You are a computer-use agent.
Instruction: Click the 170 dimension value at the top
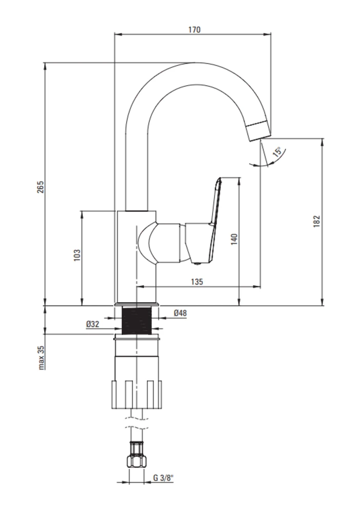click(194, 29)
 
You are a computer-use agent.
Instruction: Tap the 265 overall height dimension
click(40, 187)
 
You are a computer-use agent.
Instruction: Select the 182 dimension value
click(316, 221)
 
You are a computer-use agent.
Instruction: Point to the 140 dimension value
click(234, 239)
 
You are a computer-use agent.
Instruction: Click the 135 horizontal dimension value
click(197, 282)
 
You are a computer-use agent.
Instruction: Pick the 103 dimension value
click(77, 255)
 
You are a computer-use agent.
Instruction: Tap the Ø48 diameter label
click(180, 313)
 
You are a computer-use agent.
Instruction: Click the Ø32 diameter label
click(93, 324)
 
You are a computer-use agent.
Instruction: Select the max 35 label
click(41, 357)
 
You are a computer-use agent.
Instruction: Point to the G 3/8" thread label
click(163, 478)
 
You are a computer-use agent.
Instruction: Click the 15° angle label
click(277, 152)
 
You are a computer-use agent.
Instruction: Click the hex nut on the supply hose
click(136, 454)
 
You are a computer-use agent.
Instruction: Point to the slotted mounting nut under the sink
click(137, 394)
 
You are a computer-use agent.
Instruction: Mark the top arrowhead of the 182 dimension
click(323, 142)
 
